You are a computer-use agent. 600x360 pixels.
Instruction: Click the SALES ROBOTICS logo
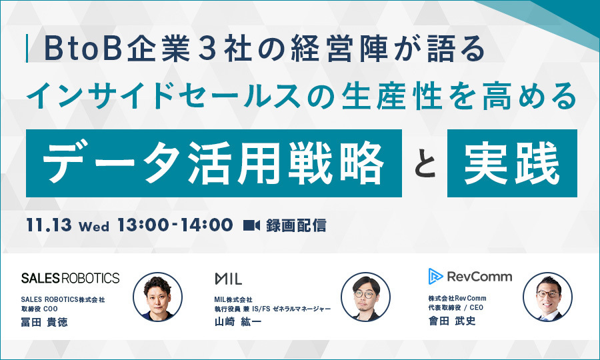[x=71, y=278]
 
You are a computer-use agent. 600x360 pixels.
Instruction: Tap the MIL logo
[x=229, y=279]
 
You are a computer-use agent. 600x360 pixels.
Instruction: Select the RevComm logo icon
[x=435, y=276]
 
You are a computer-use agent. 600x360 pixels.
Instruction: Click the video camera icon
[x=251, y=225]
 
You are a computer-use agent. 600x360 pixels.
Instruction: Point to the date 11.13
[x=49, y=225]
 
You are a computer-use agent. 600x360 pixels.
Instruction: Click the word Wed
[x=94, y=227]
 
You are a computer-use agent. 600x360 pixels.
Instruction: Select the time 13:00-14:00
[x=175, y=225]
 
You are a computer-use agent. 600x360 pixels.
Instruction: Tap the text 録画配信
[x=296, y=225]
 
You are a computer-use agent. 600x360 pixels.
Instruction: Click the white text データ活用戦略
[x=213, y=163]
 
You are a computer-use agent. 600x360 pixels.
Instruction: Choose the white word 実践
[x=512, y=163]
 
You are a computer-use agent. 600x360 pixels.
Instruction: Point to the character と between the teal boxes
[x=425, y=164]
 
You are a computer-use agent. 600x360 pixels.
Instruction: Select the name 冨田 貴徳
[x=45, y=322]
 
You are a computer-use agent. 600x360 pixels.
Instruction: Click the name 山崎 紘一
[x=237, y=322]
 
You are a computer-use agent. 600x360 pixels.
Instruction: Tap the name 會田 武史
[x=452, y=321]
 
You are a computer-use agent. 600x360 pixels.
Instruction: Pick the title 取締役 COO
[x=39, y=309]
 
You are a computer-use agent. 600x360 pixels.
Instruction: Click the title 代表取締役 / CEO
[x=456, y=307]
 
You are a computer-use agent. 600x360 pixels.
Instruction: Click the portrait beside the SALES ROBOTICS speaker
[x=157, y=297]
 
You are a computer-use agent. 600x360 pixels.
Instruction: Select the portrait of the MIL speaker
[x=365, y=297]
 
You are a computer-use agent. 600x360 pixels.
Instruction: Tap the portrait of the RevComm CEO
[x=547, y=297]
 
